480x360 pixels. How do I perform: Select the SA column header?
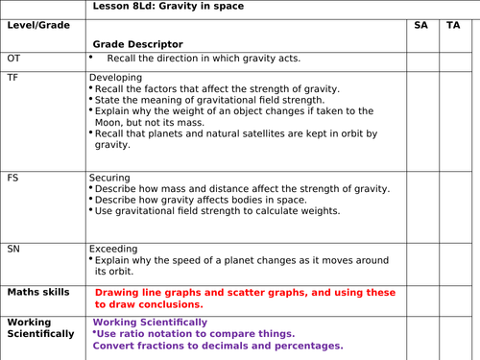click(x=420, y=24)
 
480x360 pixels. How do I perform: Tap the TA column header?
click(x=452, y=24)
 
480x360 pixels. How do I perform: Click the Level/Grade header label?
click(x=38, y=24)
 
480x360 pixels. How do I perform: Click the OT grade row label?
click(x=13, y=59)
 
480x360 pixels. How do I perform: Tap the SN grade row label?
click(x=13, y=248)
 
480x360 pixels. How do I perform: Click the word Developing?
click(x=115, y=77)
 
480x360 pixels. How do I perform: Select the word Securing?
click(x=111, y=178)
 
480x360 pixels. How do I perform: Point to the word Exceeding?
click(x=113, y=248)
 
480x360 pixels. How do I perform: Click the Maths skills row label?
click(x=38, y=292)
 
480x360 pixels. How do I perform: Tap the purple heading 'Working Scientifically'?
click(x=150, y=322)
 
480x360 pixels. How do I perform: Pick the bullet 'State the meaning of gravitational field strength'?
click(x=210, y=100)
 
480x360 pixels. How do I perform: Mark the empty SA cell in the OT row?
click(x=420, y=60)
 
